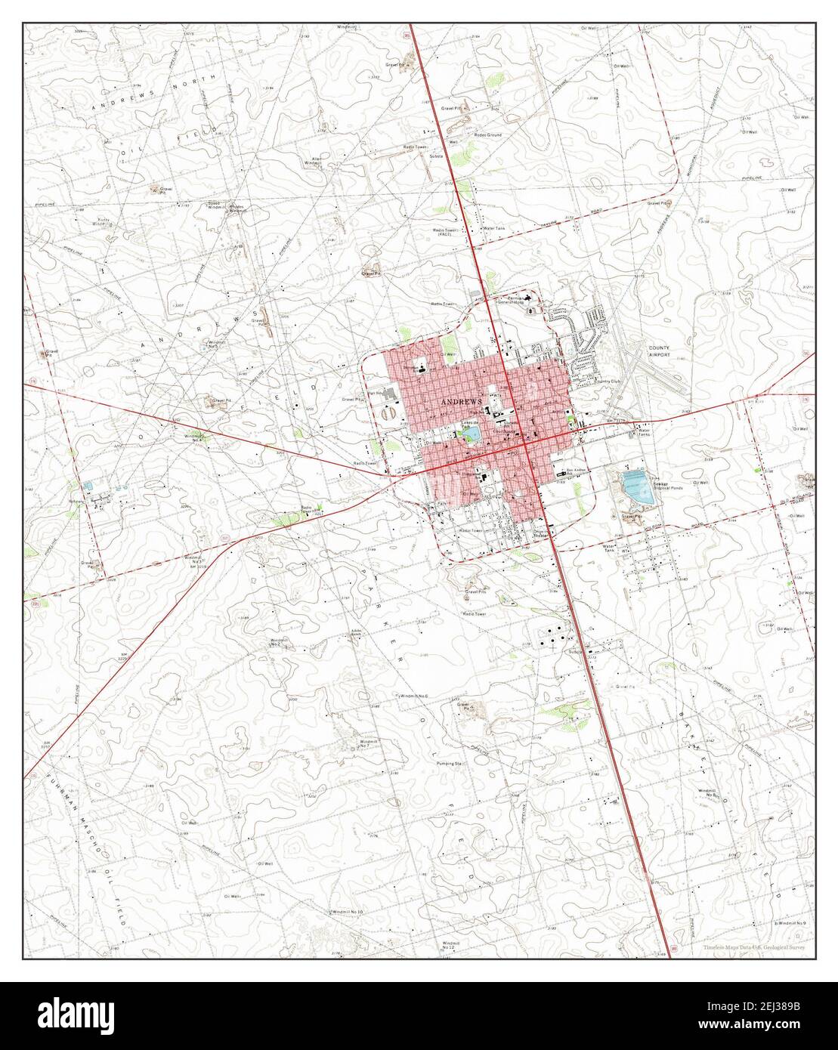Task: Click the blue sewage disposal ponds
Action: coord(635,487)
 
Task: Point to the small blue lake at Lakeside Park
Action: coord(470,434)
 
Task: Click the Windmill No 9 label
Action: coord(791,923)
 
